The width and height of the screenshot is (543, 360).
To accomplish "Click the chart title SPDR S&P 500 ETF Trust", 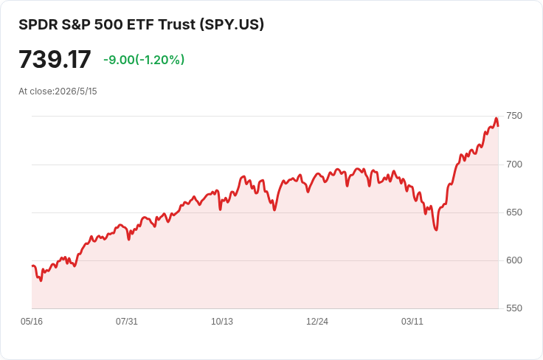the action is (x=107, y=24).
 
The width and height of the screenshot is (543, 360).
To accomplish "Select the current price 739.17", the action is (x=55, y=60).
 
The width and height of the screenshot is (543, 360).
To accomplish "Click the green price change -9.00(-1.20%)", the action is (x=144, y=60).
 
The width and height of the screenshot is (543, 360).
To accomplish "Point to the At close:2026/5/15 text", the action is (x=58, y=91).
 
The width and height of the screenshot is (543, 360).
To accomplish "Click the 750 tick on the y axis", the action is (x=514, y=116).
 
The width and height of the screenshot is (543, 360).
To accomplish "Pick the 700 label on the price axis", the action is (x=514, y=165).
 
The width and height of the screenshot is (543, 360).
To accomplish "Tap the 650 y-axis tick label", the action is (x=514, y=212).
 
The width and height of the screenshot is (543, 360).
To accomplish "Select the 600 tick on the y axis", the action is (x=514, y=260).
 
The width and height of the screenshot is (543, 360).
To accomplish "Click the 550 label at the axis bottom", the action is (x=514, y=308).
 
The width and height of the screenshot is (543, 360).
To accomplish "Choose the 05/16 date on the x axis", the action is (x=32, y=322).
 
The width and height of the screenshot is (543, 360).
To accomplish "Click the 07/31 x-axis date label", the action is (x=127, y=322).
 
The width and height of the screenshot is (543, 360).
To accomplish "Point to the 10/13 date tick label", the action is (x=222, y=322).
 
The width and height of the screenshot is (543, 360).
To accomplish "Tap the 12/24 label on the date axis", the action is (x=317, y=322).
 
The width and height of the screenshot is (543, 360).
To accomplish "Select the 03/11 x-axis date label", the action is (x=412, y=322).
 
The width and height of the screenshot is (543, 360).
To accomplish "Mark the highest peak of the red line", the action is (x=497, y=118).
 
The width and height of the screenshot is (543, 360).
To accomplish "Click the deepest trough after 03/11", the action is (x=436, y=229).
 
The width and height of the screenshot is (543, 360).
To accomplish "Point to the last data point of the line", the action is (x=498, y=126).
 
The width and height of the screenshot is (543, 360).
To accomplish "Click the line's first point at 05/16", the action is (x=32, y=266).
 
